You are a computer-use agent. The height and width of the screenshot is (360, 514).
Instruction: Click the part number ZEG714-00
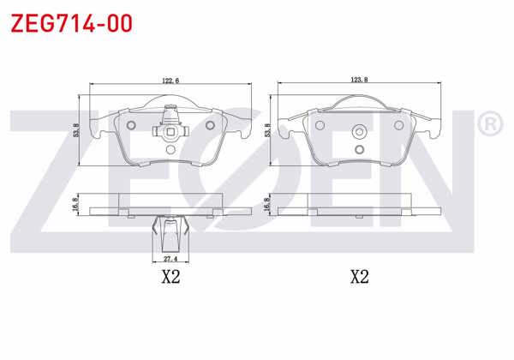[71, 23]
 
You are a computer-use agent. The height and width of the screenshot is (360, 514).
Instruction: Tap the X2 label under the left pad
[170, 277]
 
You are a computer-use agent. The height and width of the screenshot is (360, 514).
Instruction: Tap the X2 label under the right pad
[359, 277]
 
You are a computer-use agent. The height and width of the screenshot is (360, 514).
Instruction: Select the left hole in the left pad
[130, 125]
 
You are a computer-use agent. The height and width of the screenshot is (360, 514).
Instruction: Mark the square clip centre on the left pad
[169, 131]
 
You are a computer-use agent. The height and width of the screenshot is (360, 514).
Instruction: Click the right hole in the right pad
[399, 125]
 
